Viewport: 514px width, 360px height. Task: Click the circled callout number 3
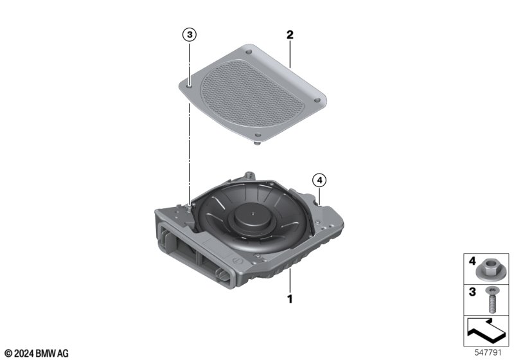coord(190,35)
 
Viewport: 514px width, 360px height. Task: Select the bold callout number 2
coord(290,35)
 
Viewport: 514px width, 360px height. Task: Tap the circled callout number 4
coord(319,180)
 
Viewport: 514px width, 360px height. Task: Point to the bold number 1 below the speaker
coord(290,299)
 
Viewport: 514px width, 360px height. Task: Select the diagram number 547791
coord(488,352)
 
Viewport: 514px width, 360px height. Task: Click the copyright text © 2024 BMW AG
coord(37,353)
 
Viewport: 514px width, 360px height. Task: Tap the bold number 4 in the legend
coord(472,261)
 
